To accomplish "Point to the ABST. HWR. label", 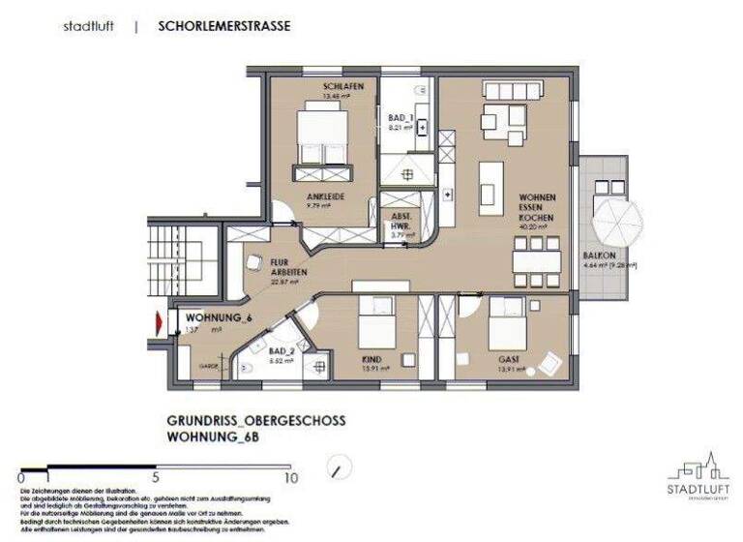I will (x=401, y=220).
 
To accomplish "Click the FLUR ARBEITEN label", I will (x=287, y=266).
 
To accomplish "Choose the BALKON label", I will (x=595, y=256).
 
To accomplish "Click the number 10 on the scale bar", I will (x=289, y=477).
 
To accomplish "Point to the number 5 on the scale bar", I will (x=155, y=477).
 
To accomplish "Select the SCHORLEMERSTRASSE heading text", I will (x=223, y=26).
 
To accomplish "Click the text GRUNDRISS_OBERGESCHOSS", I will (x=255, y=422).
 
